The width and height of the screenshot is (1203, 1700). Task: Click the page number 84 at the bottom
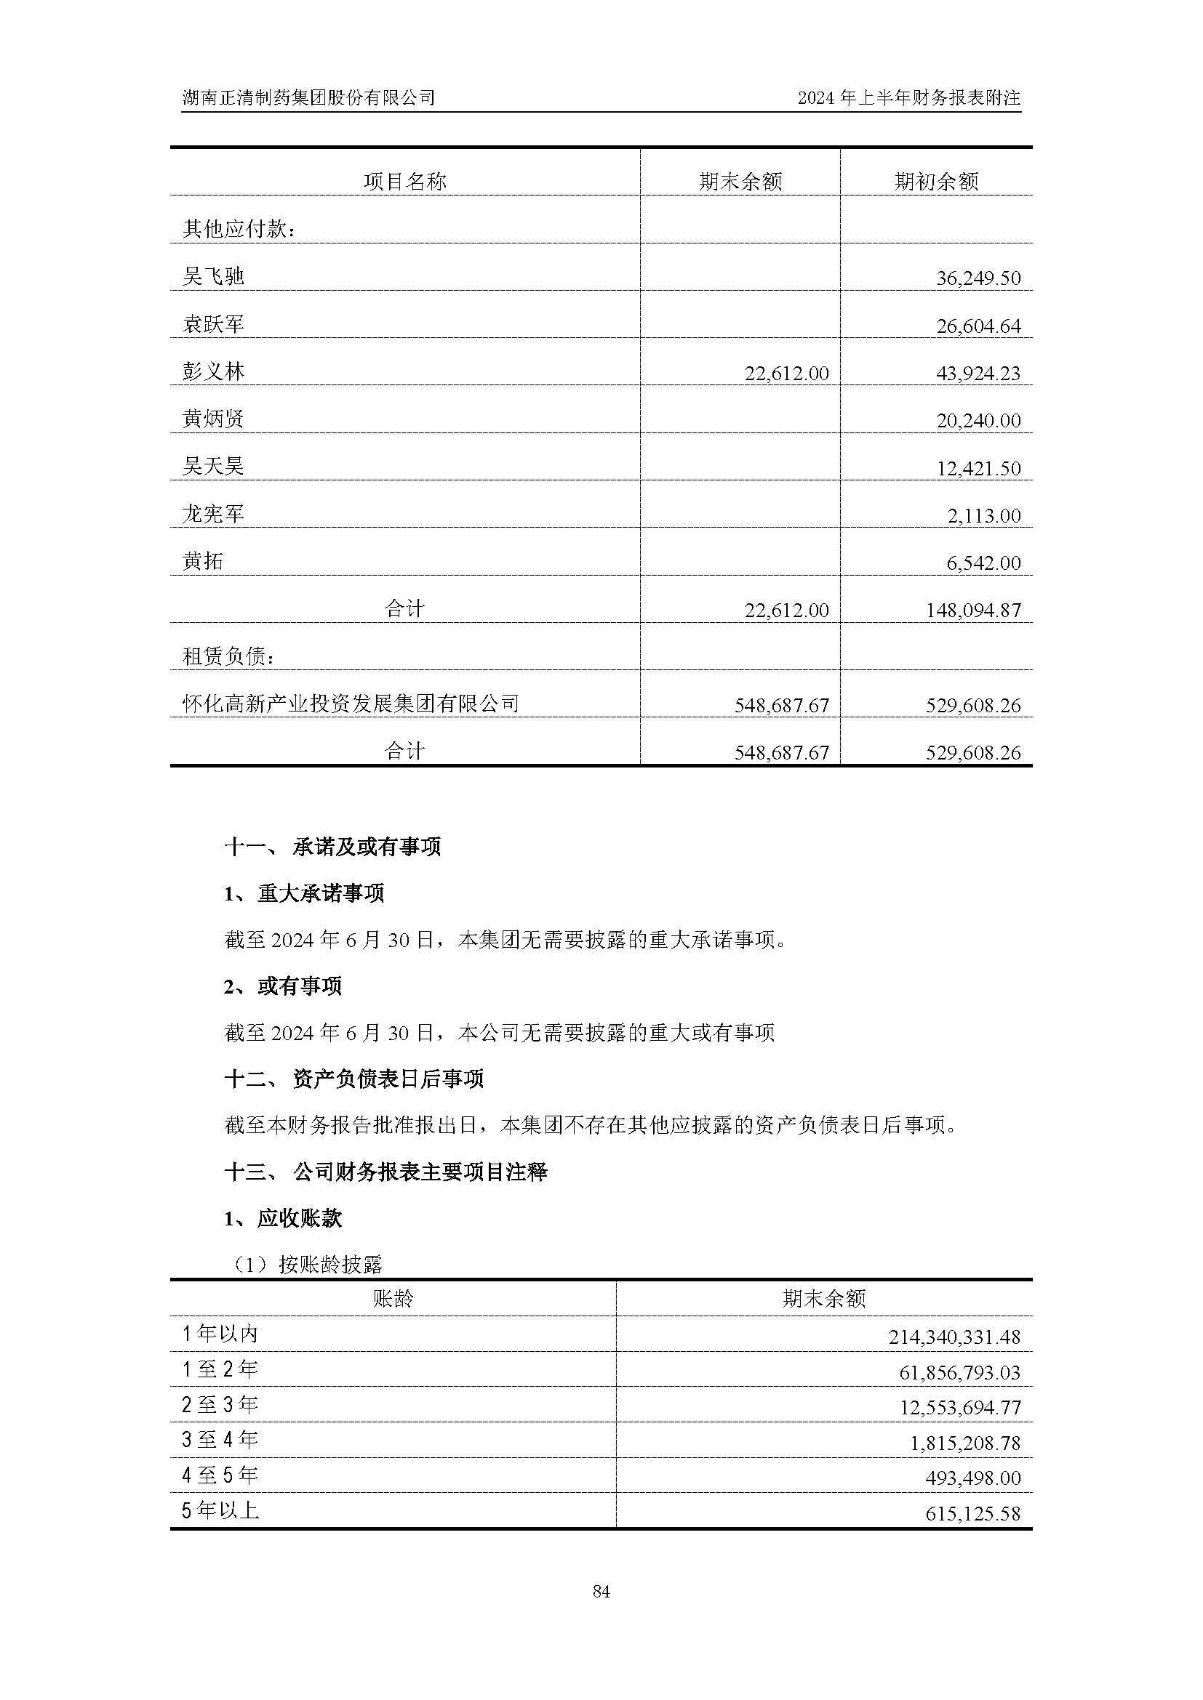[601, 1591]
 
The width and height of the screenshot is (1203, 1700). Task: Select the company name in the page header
[308, 97]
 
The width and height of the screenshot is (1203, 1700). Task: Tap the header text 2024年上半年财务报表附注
[909, 97]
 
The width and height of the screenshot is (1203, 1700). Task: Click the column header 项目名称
[404, 182]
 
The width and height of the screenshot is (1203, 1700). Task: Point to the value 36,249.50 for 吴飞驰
[978, 278]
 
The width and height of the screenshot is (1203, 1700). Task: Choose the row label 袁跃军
[213, 324]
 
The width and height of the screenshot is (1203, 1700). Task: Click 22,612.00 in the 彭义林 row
[786, 373]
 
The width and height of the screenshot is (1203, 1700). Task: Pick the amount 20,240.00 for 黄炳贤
[978, 421]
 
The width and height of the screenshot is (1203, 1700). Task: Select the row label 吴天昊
[213, 467]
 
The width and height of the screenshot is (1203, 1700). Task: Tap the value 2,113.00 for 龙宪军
[984, 515]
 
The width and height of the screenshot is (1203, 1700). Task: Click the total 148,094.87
[972, 610]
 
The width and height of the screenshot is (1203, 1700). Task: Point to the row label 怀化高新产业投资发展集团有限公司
[351, 704]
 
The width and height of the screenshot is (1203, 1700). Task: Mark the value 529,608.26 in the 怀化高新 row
[972, 705]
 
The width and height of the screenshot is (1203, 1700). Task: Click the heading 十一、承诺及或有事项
[332, 847]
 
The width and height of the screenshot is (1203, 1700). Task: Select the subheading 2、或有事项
[283, 986]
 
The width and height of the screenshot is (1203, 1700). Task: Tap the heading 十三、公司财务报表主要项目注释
[385, 1172]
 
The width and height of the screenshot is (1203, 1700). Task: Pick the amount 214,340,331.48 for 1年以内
[954, 1337]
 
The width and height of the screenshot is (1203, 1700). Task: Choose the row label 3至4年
[220, 1440]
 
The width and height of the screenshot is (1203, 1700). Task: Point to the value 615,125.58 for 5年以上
[972, 1513]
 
